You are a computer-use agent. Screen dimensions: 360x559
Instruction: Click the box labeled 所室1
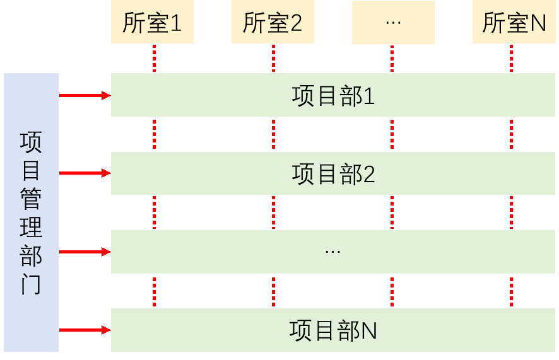[x=152, y=23]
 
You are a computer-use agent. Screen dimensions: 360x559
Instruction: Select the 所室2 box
[x=273, y=23]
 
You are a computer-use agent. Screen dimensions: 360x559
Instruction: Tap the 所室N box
[x=514, y=23]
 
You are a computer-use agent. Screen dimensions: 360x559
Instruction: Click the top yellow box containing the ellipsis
[x=392, y=23]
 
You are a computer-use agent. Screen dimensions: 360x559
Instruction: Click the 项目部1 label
[x=333, y=96]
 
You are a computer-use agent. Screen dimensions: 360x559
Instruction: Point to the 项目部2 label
[x=333, y=174]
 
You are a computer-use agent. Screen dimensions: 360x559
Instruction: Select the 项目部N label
[x=333, y=330]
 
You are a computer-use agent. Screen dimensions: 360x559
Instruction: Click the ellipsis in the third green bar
[x=332, y=252]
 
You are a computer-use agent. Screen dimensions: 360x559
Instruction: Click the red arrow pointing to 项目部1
[x=85, y=95]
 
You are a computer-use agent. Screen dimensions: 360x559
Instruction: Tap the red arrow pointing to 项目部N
[x=85, y=330]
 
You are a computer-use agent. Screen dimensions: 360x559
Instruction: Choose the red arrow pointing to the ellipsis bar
[x=85, y=252]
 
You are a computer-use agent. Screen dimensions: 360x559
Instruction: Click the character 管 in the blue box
[x=31, y=199]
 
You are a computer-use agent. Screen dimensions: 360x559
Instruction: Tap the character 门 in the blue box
[x=31, y=284]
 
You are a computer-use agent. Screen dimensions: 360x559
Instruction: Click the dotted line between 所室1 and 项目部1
[x=154, y=58]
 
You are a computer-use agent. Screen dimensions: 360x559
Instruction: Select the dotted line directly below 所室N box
[x=511, y=58]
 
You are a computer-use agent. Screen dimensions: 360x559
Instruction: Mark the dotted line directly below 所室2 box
[x=273, y=58]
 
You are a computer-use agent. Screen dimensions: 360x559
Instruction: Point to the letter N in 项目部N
[x=368, y=330]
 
